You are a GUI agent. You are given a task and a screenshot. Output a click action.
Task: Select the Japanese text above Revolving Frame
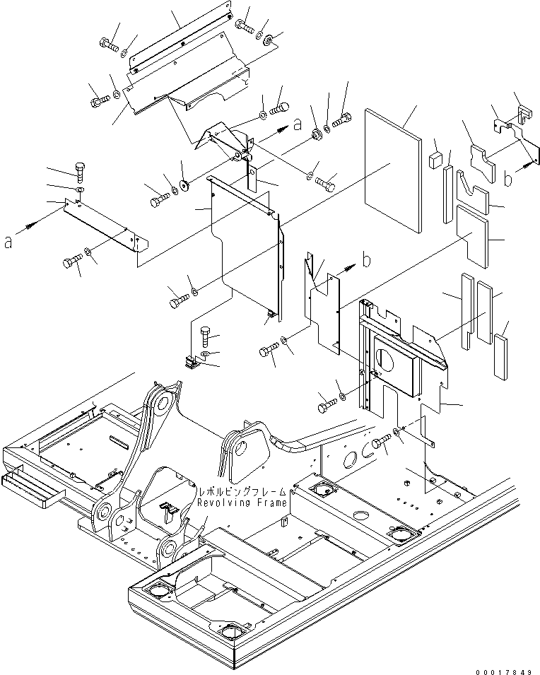pos(242,491)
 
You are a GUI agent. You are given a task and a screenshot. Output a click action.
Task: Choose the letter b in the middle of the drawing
pos(366,260)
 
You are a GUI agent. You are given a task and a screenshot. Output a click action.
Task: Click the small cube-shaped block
pos(434,159)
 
